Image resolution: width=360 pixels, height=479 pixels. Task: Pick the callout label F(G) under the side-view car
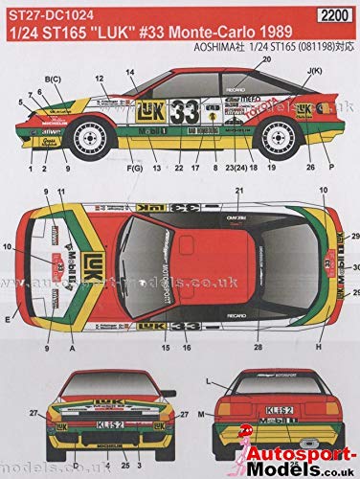click(108, 171)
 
